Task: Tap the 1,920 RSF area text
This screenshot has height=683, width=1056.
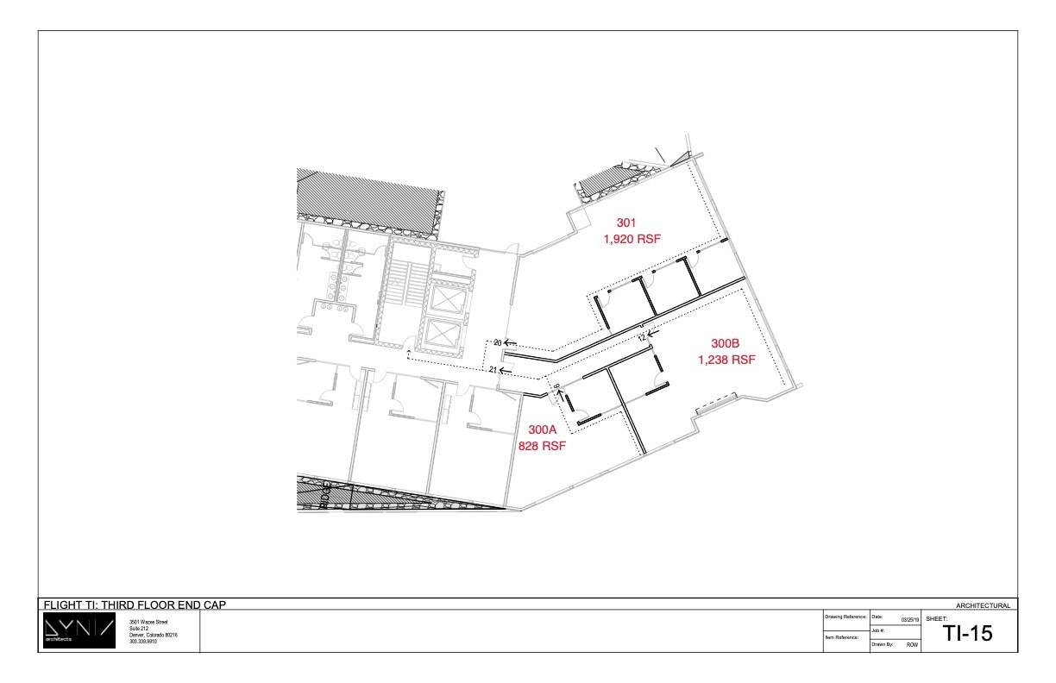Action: point(632,239)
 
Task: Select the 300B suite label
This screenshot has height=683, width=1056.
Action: point(725,343)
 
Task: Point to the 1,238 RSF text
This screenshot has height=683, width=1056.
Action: point(726,360)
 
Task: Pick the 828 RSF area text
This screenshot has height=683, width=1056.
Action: point(541,446)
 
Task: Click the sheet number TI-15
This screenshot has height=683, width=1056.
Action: point(968,634)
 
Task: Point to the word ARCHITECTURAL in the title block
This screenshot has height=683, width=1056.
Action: point(983,606)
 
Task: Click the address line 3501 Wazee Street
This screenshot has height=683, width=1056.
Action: point(148,622)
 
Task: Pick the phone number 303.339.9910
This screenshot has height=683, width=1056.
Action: point(143,642)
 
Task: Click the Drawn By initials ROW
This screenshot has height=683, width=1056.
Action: point(911,644)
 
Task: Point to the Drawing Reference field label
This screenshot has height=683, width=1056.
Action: point(845,617)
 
